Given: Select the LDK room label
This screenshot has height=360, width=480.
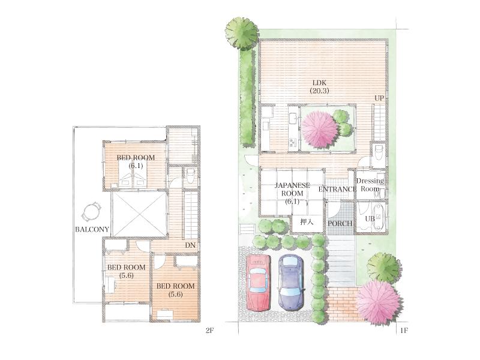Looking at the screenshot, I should pos(317,86).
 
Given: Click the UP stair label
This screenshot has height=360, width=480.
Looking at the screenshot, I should pos(379,98).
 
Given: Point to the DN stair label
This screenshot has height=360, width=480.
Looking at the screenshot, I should pos(190,245).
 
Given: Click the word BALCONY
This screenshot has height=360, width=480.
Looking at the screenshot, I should pos(92,230).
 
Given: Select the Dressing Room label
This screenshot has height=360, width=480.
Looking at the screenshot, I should pos(370,184).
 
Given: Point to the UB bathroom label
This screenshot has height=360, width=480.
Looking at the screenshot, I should pos(370,219).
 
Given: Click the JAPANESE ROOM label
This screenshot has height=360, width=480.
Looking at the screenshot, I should pos(292,193).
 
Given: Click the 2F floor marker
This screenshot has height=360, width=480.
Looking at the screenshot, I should pos(209,330).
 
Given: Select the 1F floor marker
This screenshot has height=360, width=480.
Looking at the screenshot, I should pos(404,330).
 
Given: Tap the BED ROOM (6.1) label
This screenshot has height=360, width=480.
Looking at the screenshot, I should pos(136,161).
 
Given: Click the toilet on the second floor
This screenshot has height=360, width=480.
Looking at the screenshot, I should pos(189,175).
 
